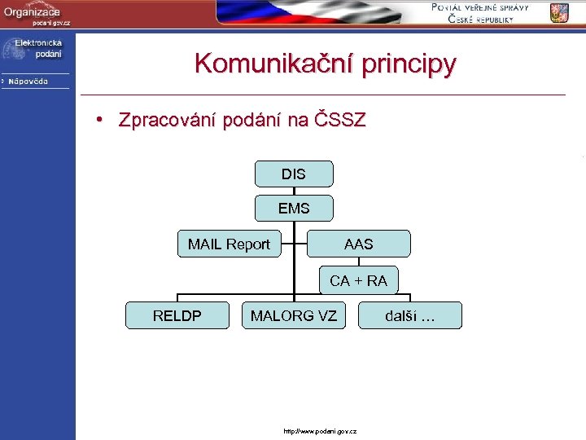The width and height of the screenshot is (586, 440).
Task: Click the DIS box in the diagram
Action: click(294, 174)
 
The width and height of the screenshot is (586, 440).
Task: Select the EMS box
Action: click(294, 209)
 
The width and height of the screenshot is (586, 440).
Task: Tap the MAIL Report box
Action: click(229, 244)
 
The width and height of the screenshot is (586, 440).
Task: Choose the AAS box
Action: click(358, 244)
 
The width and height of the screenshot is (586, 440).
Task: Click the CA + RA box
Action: click(358, 280)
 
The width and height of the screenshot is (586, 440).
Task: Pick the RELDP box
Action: click(177, 315)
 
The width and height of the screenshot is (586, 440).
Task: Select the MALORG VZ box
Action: click(294, 315)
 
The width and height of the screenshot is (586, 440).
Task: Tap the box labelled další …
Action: click(410, 315)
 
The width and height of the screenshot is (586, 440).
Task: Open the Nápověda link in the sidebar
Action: click(29, 81)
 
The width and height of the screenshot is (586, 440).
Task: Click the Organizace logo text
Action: click(32, 11)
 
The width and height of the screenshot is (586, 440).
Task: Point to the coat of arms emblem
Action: click(559, 13)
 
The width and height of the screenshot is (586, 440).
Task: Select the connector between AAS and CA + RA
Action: click(358, 262)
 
